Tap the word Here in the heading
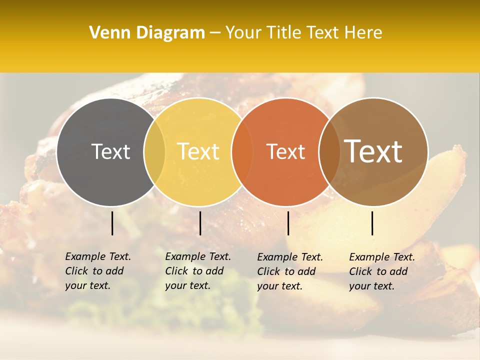point(364,33)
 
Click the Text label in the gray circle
point(110,152)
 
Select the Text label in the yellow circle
point(198,152)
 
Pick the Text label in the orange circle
point(285,152)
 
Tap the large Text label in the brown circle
point(373,151)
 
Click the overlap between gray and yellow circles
point(154,152)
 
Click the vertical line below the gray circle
point(112,223)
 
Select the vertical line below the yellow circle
point(200,223)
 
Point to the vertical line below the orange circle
point(288,223)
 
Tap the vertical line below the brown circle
point(372,223)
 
